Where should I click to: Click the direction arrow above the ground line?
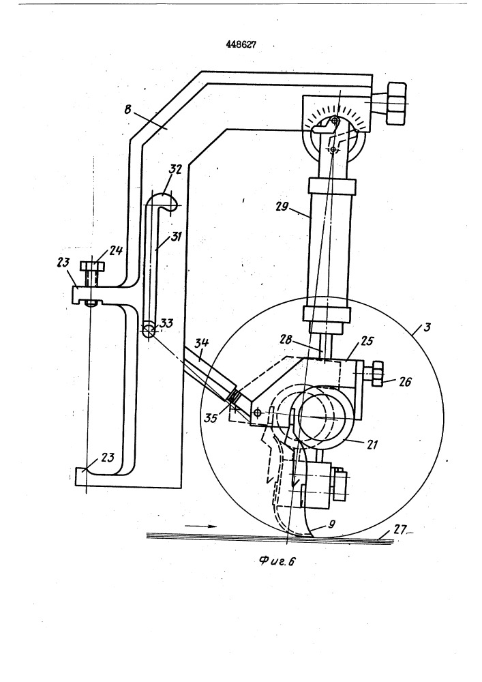202,526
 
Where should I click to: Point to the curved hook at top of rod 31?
164,201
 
